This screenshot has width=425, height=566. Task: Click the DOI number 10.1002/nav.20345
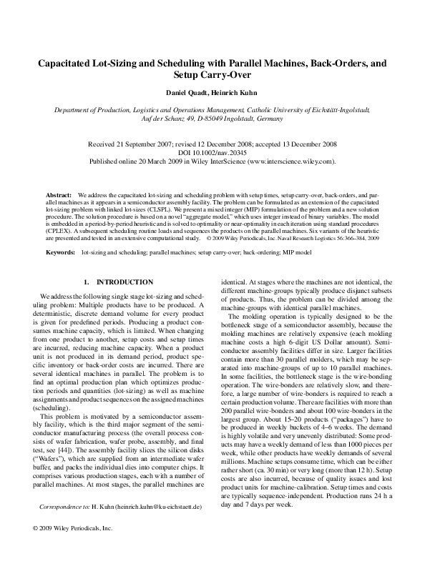(x=223, y=153)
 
